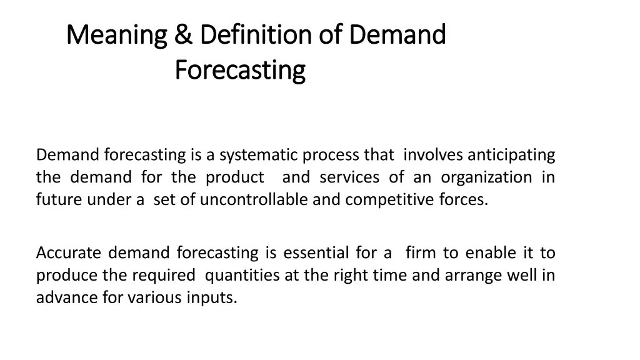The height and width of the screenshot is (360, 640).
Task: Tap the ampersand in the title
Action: [x=183, y=35]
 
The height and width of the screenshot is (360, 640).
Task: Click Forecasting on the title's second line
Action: [x=240, y=70]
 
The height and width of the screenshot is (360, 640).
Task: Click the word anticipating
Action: [x=511, y=154]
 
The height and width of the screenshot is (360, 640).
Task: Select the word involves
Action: [x=434, y=154]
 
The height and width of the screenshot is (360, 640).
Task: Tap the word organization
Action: [x=486, y=177]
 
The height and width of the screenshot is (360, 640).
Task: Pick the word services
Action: [x=349, y=177]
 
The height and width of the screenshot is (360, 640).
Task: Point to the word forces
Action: [x=464, y=201]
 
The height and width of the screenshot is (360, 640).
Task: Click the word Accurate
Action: [x=68, y=253]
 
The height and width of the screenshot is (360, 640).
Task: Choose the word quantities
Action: [x=242, y=276]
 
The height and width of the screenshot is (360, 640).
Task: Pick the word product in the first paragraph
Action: [x=234, y=178]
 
